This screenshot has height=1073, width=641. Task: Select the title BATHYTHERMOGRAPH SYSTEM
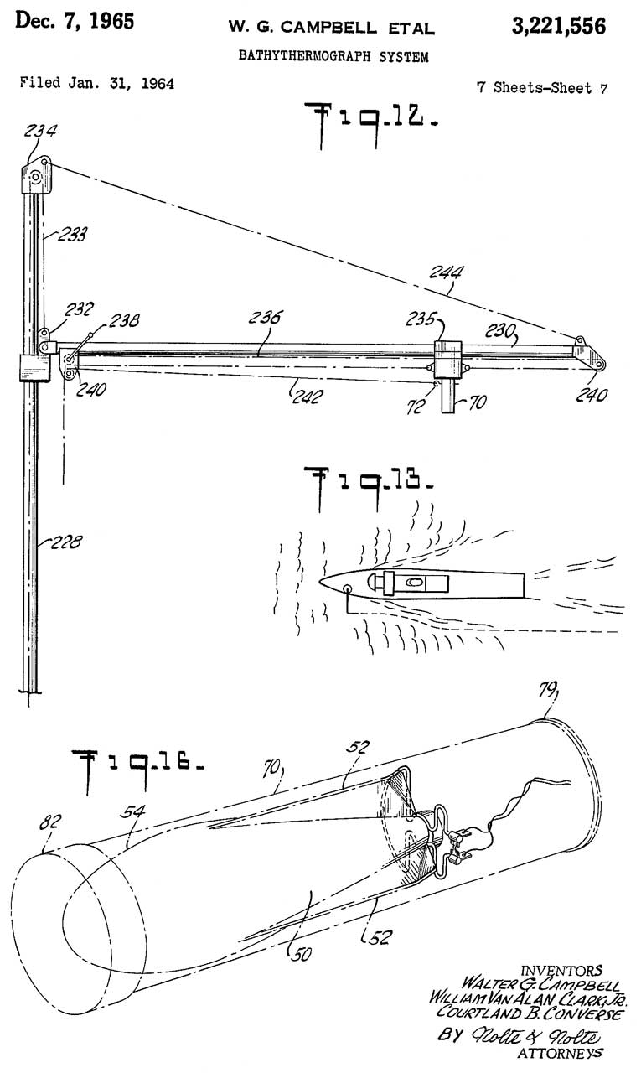tap(333, 58)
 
